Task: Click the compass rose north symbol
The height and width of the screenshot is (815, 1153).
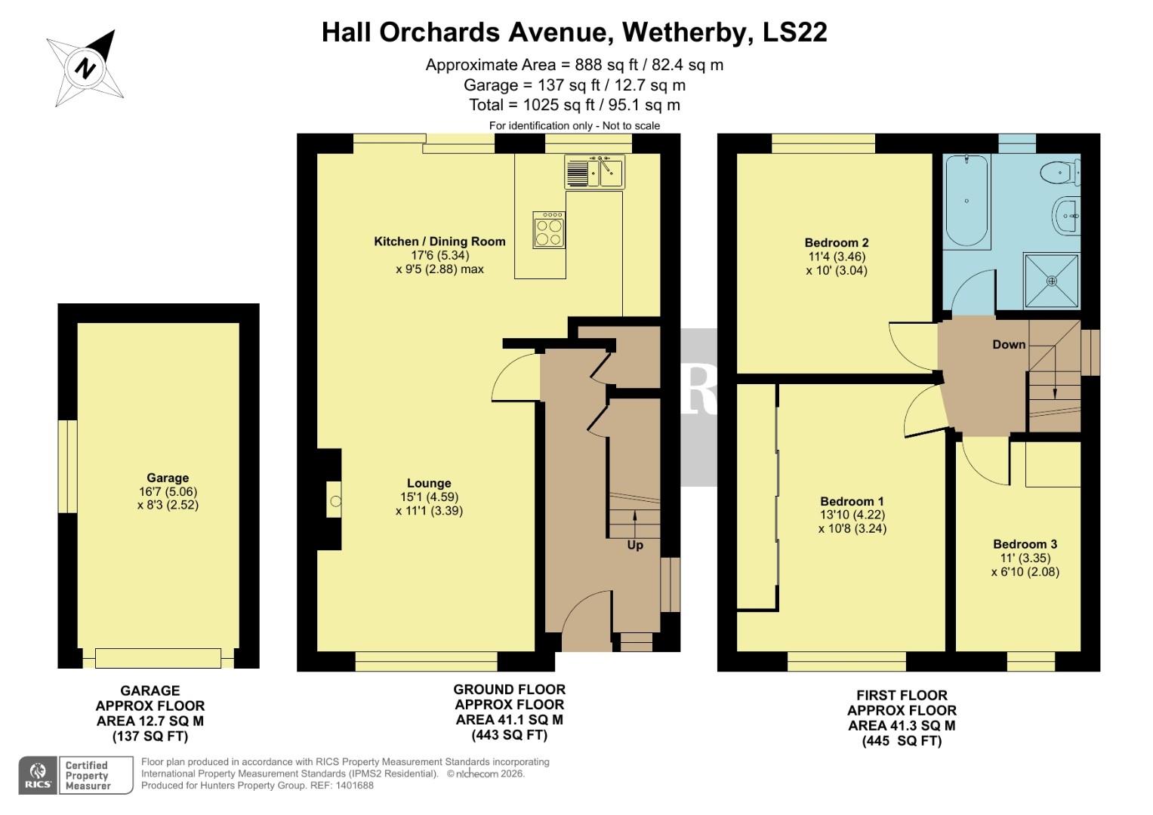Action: click(x=86, y=68)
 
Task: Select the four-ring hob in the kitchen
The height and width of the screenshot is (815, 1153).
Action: click(x=548, y=229)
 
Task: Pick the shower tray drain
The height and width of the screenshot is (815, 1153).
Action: click(x=1052, y=281)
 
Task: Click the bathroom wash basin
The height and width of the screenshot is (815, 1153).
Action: click(x=1067, y=216)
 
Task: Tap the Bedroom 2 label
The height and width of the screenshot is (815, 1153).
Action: click(x=837, y=243)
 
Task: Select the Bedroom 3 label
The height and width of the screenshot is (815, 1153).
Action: click(x=1025, y=544)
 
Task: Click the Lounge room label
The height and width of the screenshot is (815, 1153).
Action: click(x=429, y=484)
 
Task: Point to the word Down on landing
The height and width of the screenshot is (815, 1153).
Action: click(x=1009, y=345)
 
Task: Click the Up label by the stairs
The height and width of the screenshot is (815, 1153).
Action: click(x=635, y=545)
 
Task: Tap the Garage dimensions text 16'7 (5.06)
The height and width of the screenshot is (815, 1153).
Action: click(x=168, y=491)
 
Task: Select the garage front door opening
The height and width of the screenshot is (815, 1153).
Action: click(x=159, y=658)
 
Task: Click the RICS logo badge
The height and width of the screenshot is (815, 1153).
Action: click(x=38, y=775)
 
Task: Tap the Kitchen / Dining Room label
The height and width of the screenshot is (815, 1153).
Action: click(x=439, y=241)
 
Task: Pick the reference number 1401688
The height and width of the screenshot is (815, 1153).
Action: click(x=353, y=786)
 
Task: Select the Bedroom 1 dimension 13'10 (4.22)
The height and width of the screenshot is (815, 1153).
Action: click(x=852, y=515)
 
